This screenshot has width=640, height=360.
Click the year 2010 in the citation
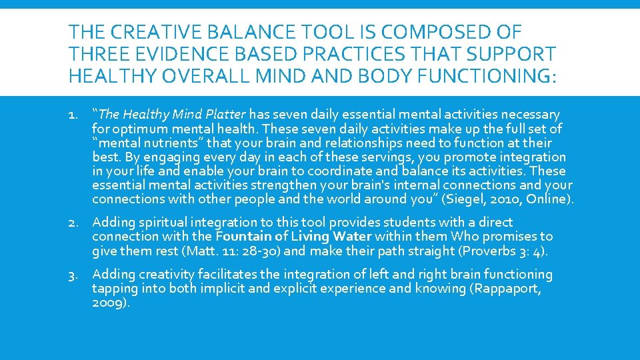point(516,199)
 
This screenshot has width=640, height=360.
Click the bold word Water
point(352,237)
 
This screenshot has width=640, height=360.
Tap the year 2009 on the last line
point(108,303)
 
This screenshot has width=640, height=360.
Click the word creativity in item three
point(160,275)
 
